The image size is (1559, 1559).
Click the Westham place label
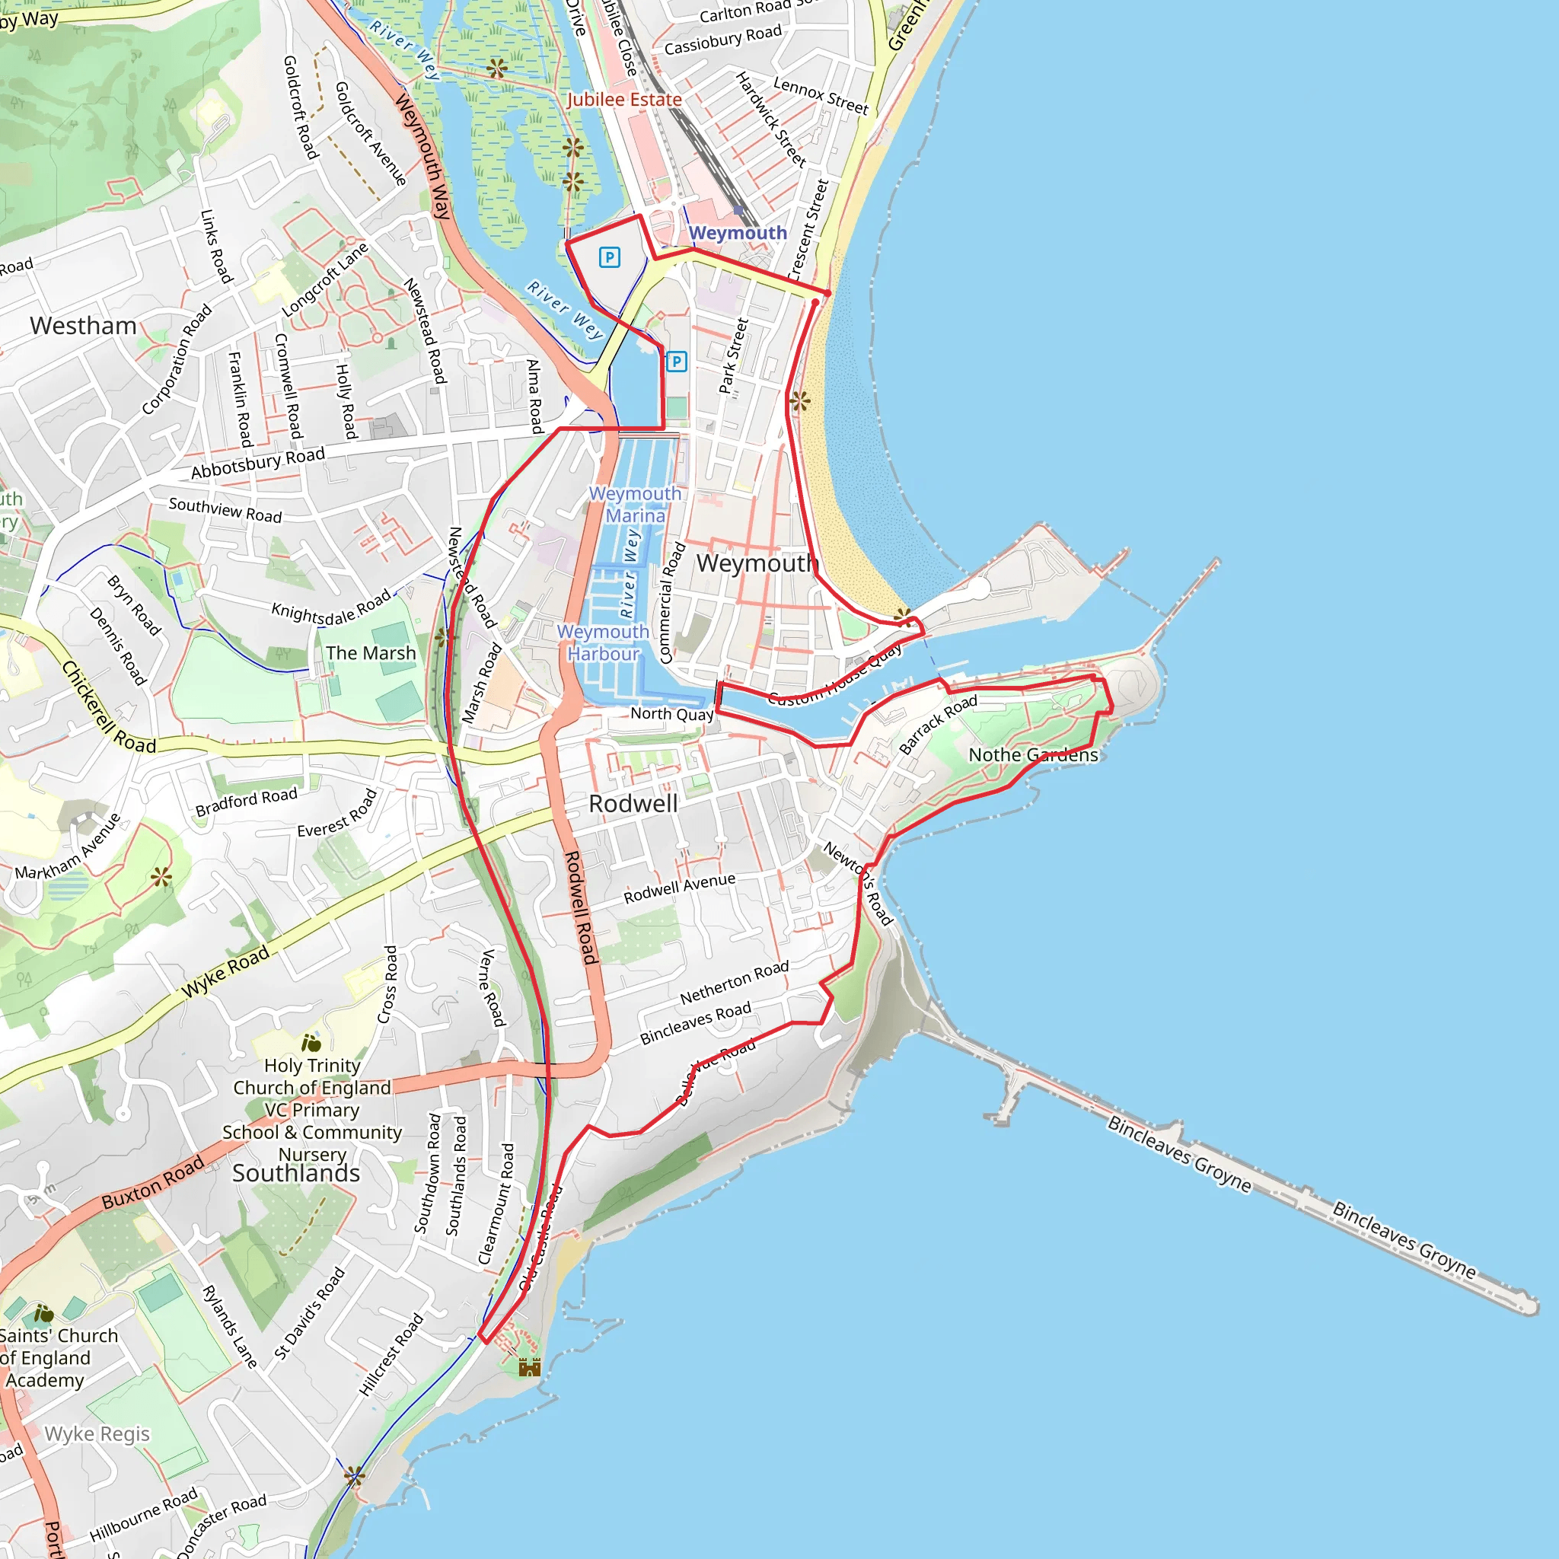point(83,326)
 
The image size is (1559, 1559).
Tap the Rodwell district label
point(633,804)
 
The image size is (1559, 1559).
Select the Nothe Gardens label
point(1033,755)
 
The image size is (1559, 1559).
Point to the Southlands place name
point(296,1173)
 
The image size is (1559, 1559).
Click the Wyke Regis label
point(97,1434)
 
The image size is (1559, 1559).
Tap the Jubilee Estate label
point(623,100)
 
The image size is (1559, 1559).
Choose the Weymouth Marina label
point(635,505)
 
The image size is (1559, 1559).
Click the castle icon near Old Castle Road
point(529,1367)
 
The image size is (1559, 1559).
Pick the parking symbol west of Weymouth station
point(609,257)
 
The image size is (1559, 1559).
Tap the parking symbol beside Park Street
point(676,362)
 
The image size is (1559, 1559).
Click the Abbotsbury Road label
point(258,462)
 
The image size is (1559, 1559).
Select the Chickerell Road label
point(109,707)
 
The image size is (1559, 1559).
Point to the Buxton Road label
point(153,1183)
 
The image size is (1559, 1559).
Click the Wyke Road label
point(225,972)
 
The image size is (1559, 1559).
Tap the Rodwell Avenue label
point(680,888)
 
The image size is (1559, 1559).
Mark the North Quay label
point(672,713)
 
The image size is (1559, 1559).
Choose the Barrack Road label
point(938,724)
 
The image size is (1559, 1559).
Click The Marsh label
point(371,653)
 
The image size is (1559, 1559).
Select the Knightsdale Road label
point(331,607)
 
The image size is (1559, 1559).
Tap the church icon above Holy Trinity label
point(311,1044)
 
